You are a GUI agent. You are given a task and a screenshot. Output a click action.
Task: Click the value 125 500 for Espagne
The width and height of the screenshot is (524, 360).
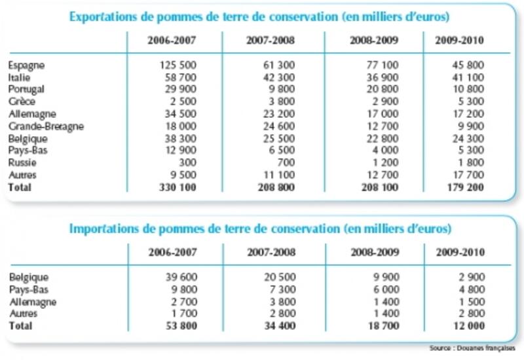178,65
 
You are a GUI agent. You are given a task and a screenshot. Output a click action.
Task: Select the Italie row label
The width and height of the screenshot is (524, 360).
19,77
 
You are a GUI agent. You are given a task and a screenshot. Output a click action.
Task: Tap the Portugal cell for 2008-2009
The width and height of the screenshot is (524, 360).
383,89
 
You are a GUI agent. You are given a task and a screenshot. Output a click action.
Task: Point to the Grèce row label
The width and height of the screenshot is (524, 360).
22,101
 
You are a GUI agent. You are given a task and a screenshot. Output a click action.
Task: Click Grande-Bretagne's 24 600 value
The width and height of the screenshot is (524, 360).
279,126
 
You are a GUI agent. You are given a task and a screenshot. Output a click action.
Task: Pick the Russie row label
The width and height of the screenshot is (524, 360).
22,162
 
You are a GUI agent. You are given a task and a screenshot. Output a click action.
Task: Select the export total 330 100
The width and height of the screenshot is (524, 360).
178,187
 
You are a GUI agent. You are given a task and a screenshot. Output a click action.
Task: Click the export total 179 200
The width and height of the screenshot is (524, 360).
466,187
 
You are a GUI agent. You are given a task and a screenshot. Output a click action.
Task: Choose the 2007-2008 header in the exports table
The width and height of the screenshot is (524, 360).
271,41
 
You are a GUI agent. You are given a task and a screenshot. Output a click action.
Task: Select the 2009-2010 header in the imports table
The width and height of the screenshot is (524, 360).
460,252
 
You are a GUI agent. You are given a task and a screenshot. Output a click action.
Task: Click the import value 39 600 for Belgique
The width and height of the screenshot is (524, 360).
181,277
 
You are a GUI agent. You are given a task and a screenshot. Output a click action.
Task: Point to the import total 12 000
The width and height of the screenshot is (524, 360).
469,325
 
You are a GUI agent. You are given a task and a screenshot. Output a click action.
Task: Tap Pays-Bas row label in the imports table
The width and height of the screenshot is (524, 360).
29,289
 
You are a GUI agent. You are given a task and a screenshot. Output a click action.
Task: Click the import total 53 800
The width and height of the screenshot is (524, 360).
181,325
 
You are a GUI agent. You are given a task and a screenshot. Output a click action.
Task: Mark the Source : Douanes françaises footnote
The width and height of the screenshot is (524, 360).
472,348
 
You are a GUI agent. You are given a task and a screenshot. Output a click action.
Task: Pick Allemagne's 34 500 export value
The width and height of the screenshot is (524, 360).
181,114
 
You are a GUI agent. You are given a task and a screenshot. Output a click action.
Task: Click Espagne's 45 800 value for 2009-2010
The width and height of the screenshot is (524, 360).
468,65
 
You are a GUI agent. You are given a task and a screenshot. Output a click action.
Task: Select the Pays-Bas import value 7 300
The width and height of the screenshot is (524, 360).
283,289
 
